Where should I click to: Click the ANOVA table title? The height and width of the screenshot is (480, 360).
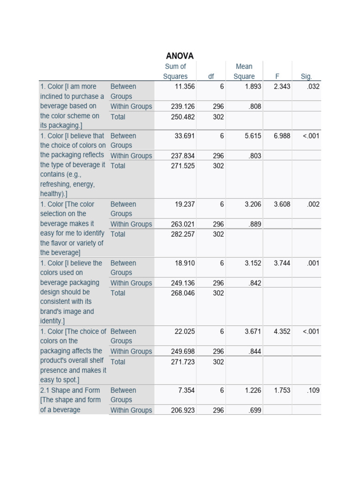[180, 56]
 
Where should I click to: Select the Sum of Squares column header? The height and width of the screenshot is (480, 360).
[175, 71]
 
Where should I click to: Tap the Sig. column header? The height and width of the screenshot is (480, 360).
[306, 76]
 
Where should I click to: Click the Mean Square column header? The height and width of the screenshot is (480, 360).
[244, 71]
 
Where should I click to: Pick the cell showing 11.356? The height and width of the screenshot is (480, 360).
[185, 87]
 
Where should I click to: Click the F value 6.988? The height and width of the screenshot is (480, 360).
[282, 136]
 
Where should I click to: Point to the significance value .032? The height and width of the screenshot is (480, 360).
[312, 87]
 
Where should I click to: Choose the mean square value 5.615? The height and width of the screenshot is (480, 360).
[253, 136]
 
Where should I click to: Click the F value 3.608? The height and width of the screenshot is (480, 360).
[282, 204]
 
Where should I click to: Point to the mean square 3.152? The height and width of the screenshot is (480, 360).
[253, 263]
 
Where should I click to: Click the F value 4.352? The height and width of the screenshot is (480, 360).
[282, 331]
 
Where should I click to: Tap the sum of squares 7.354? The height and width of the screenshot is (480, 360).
[185, 390]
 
